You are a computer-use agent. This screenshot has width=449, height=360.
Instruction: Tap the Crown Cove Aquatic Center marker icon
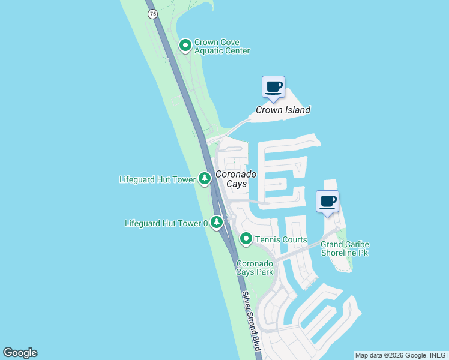[185, 45]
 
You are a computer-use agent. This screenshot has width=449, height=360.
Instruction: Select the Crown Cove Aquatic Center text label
[221, 47]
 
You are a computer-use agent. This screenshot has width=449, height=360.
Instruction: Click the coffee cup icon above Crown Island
[274, 86]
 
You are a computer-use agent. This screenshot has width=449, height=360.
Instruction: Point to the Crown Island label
[283, 110]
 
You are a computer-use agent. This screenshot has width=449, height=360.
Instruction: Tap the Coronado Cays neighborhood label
[237, 179]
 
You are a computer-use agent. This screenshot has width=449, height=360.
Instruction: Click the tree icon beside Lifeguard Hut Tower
[205, 179]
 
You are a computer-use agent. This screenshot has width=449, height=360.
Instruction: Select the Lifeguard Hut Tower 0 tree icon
[216, 223]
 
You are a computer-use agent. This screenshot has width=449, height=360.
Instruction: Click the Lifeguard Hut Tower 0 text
[166, 223]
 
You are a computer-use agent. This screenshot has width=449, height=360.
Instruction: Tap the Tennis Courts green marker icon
[246, 239]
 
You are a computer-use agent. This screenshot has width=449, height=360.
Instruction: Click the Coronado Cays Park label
[255, 268]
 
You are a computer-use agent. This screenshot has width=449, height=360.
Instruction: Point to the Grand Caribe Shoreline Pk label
[345, 248]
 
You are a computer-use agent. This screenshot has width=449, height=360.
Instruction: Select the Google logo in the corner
[20, 353]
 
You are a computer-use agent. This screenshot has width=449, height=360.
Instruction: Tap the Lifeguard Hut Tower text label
[158, 179]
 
